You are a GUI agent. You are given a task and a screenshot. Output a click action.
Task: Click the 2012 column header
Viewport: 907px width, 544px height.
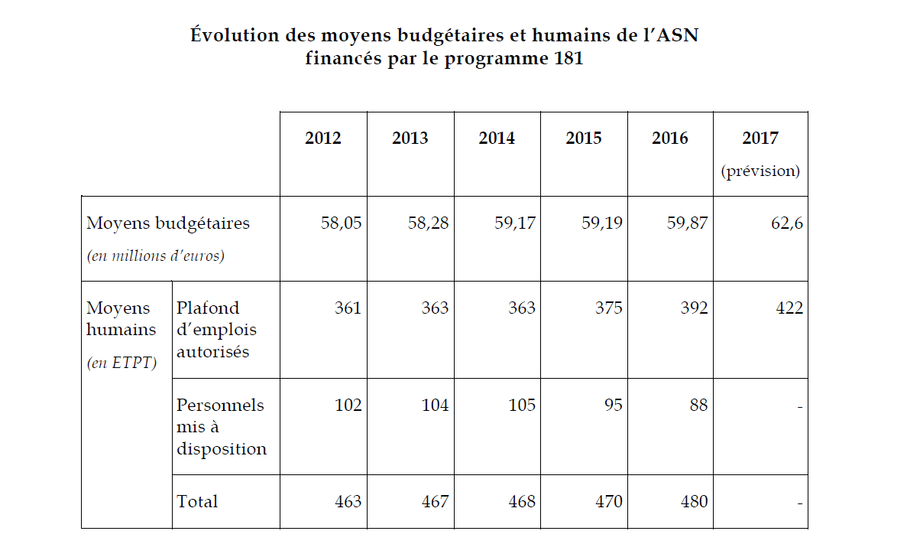323,138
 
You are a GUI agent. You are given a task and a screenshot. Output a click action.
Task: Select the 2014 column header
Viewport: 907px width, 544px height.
497,138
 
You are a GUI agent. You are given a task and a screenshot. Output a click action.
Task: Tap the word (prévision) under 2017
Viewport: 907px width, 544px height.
760,171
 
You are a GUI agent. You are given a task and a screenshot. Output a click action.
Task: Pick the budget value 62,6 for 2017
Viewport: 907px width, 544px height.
786,224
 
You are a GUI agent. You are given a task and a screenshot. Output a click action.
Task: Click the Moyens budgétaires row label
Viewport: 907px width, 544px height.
168,224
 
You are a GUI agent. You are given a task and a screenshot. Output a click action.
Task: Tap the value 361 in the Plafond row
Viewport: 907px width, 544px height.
348,308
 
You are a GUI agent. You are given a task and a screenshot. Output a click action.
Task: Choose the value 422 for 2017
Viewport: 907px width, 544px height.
789,308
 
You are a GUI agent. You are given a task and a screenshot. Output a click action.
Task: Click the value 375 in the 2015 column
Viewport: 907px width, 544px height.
608,308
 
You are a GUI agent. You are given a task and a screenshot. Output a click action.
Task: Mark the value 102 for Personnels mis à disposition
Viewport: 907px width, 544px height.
348,406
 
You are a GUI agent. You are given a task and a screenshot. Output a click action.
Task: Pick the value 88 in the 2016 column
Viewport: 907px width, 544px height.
698,406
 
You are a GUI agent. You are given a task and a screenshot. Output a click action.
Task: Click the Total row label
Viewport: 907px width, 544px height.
197,502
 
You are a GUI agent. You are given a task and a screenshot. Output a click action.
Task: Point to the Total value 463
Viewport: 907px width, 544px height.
348,502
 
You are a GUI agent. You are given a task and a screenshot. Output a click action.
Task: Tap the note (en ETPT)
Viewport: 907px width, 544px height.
121,362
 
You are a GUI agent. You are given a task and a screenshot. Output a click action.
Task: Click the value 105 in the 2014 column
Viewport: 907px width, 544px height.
522,406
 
